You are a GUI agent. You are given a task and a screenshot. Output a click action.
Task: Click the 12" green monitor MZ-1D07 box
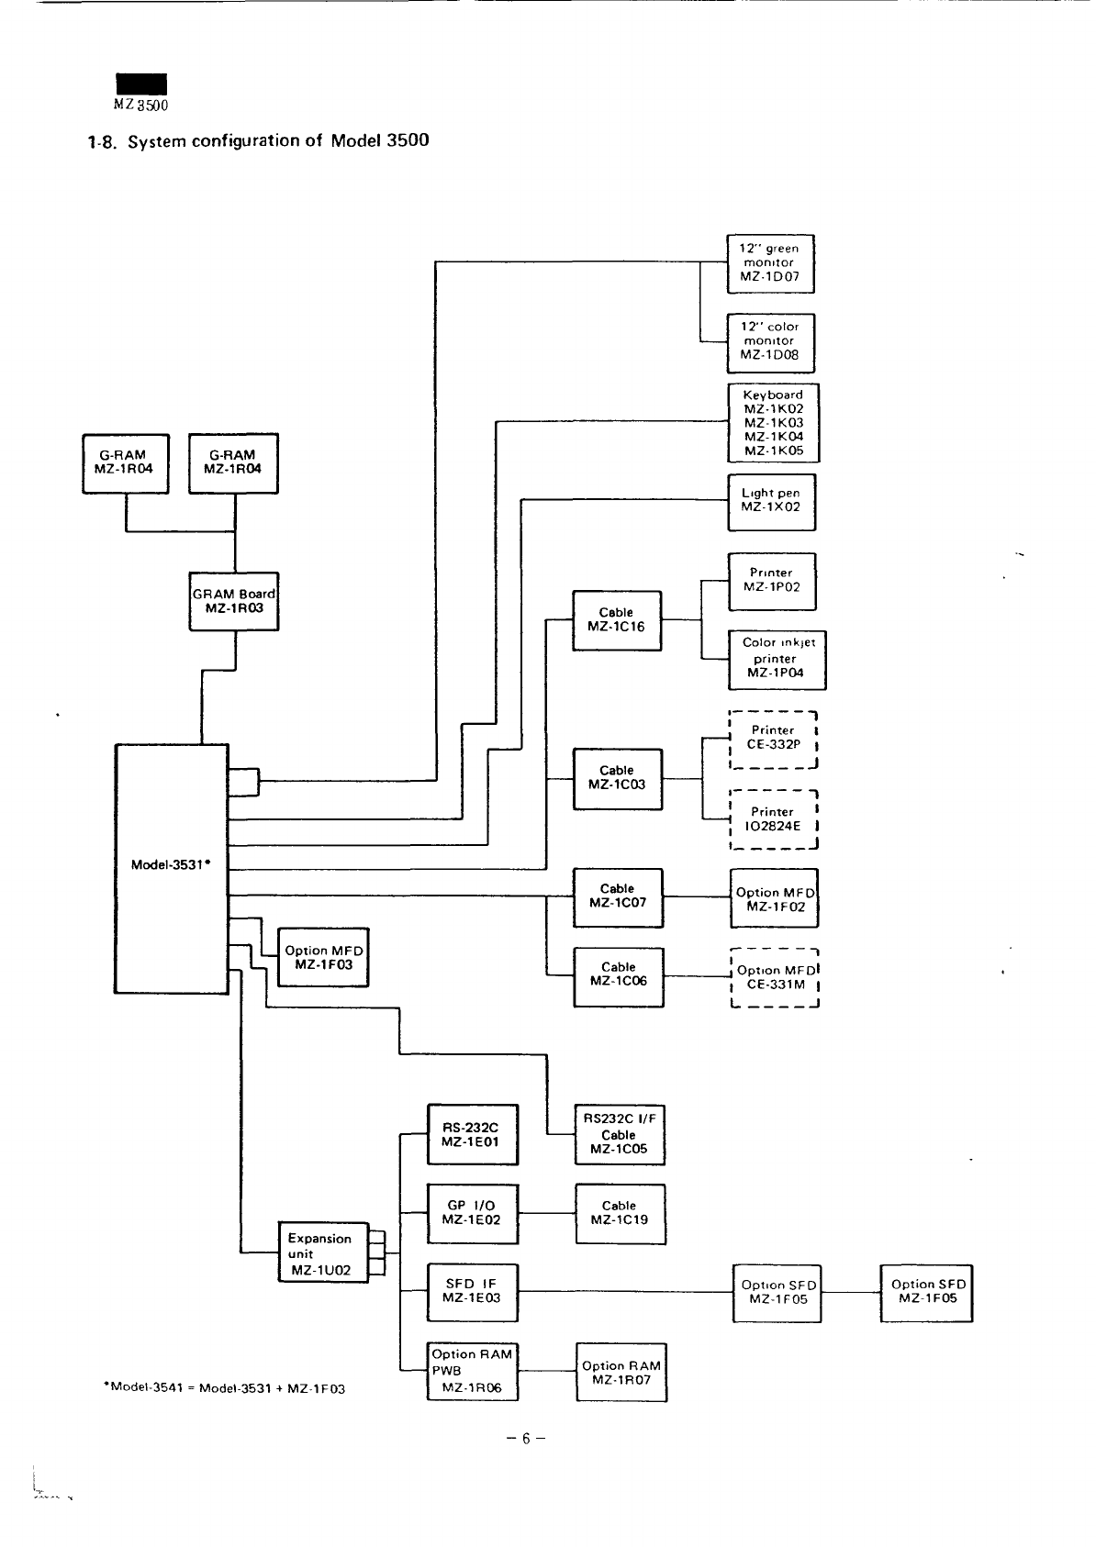(770, 262)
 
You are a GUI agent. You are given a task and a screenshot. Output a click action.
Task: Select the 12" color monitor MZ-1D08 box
(770, 340)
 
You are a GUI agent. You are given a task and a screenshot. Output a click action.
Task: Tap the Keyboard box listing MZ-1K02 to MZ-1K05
(773, 423)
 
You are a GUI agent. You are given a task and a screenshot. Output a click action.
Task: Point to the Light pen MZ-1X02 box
(771, 501)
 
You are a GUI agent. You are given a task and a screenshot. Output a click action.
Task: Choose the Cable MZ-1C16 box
(617, 620)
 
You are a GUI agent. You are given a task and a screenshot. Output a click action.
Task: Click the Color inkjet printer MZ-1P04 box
(777, 658)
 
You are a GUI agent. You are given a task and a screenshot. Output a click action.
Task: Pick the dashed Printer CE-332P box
(773, 739)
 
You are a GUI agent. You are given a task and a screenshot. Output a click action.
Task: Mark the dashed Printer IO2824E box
(773, 819)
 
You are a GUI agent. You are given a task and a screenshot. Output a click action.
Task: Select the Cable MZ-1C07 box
(617, 896)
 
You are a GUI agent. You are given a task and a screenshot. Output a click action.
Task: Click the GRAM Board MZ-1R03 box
(234, 601)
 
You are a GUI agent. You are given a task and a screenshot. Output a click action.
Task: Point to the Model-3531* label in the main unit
(172, 864)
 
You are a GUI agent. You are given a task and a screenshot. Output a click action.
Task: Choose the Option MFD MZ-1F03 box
(323, 958)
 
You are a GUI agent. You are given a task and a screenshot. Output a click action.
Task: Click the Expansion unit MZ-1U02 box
(322, 1253)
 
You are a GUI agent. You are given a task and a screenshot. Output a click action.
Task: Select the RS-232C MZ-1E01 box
(473, 1135)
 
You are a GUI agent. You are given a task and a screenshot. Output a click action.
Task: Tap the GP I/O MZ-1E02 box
(473, 1213)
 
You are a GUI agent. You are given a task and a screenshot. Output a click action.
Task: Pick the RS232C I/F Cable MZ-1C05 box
(620, 1135)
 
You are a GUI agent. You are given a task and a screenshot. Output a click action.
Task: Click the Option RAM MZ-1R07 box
(621, 1373)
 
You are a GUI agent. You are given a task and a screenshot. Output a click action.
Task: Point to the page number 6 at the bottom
(526, 1439)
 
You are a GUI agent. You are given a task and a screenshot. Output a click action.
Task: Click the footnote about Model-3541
(226, 1389)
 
